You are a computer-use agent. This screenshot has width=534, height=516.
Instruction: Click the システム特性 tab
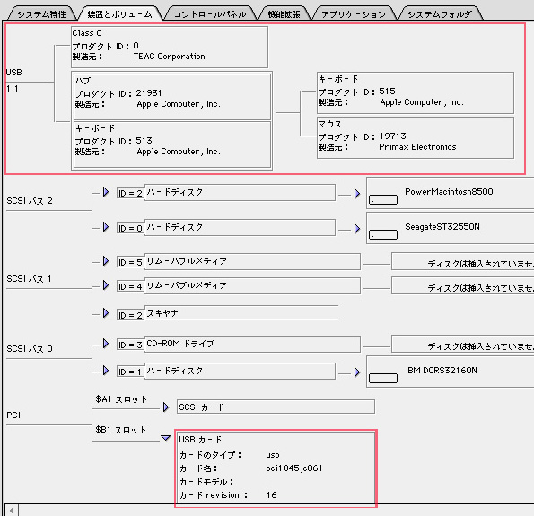[x=41, y=14]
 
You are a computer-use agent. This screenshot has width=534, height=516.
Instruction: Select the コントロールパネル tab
[x=210, y=14]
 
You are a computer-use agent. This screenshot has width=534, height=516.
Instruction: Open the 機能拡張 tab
[x=284, y=14]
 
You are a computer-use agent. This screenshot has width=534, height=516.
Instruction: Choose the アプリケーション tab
[x=354, y=14]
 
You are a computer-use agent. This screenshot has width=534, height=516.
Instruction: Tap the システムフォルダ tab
[x=440, y=14]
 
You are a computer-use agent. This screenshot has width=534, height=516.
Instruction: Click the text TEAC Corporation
[x=170, y=57]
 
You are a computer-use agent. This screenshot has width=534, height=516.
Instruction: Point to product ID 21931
[x=149, y=93]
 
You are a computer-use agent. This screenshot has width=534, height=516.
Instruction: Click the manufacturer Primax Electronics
[x=417, y=147]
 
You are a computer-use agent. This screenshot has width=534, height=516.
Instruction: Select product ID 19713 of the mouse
[x=393, y=136]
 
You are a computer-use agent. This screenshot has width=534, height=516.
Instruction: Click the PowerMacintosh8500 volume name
[x=449, y=192]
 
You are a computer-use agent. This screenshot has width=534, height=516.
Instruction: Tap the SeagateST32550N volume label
[x=442, y=227]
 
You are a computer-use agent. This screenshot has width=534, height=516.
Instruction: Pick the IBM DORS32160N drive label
[x=442, y=371]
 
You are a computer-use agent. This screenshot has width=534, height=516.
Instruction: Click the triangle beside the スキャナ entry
[x=106, y=312]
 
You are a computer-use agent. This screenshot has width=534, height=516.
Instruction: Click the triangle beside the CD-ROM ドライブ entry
[x=106, y=344]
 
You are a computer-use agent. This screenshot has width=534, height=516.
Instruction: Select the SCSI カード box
[x=276, y=407]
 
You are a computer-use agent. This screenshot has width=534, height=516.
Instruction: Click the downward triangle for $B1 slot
[x=165, y=438]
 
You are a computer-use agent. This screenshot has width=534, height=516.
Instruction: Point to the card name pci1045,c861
[x=293, y=468]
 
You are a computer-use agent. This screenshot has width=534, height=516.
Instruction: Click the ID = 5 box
[x=130, y=262]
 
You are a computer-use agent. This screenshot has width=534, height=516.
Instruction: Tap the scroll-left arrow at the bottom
[x=12, y=511]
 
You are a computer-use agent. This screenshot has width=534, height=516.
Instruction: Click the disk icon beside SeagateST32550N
[x=383, y=235]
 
